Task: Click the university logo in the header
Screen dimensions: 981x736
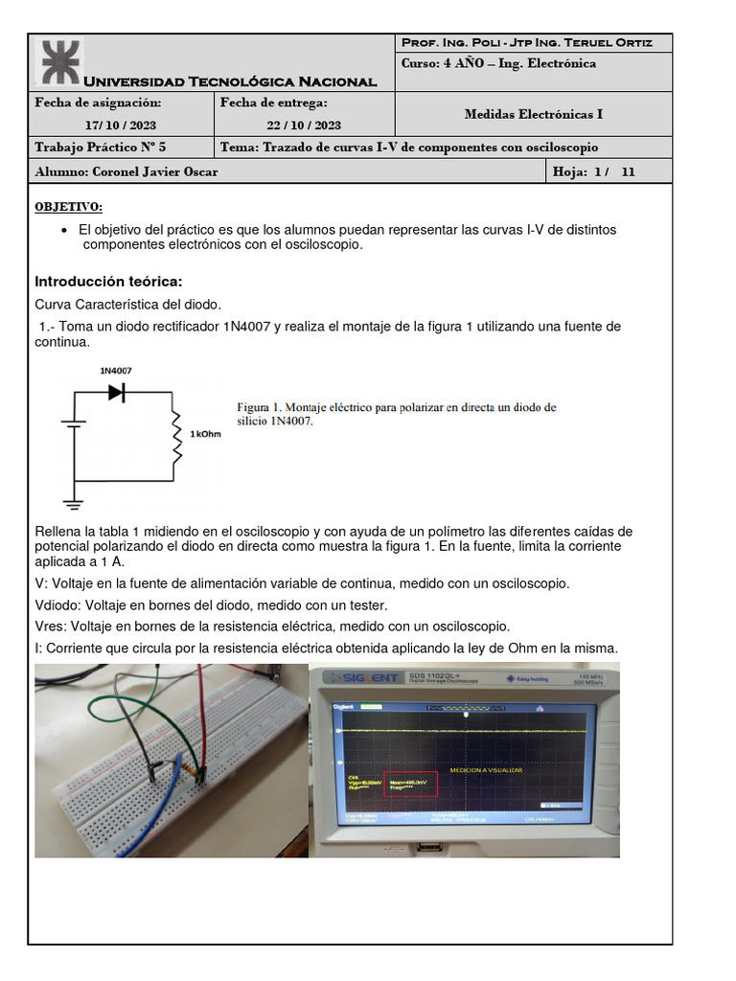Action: (59, 61)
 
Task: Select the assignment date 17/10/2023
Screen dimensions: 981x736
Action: (120, 125)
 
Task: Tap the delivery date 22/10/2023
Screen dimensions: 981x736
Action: (303, 125)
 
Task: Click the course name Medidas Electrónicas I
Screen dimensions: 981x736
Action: (533, 114)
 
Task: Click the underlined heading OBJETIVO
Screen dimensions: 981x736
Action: (68, 207)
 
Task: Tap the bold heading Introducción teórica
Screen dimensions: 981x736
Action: (107, 281)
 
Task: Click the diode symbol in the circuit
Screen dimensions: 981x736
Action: (118, 392)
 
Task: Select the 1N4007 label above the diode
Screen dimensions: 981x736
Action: (115, 369)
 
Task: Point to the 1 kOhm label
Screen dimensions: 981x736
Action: (206, 434)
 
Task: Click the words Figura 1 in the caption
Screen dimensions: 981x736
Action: (259, 407)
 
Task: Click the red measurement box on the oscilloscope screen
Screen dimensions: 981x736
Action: (410, 785)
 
